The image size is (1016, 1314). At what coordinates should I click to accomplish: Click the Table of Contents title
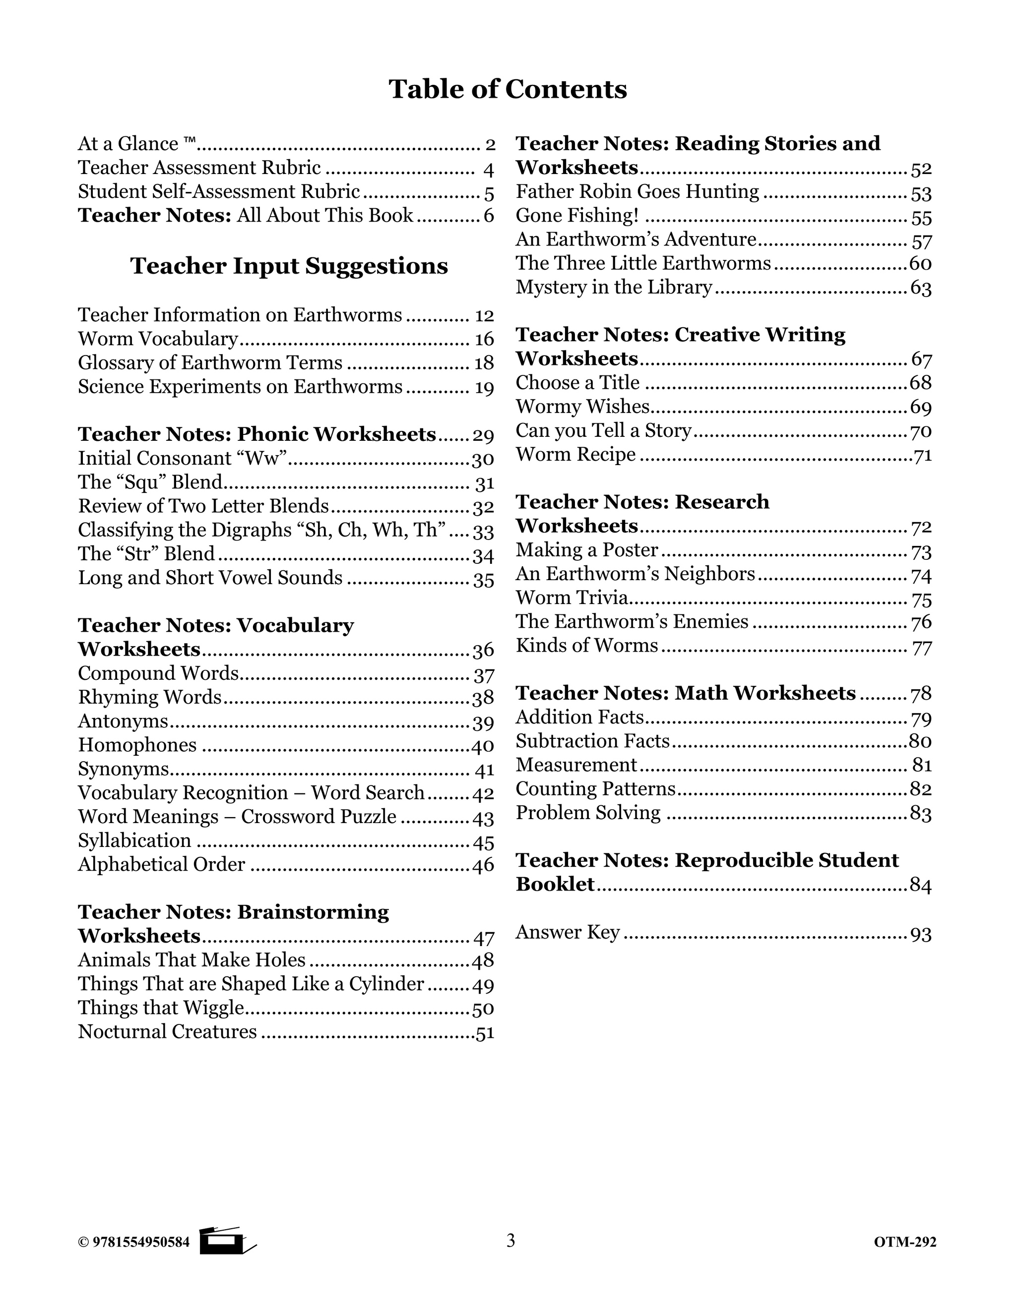point(508,89)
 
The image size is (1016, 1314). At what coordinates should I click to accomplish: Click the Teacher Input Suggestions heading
point(289,266)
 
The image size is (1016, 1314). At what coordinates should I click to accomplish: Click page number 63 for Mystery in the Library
point(920,288)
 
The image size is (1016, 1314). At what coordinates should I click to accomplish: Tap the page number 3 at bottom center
point(510,1241)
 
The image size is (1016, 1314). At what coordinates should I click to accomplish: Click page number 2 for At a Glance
point(490,144)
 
